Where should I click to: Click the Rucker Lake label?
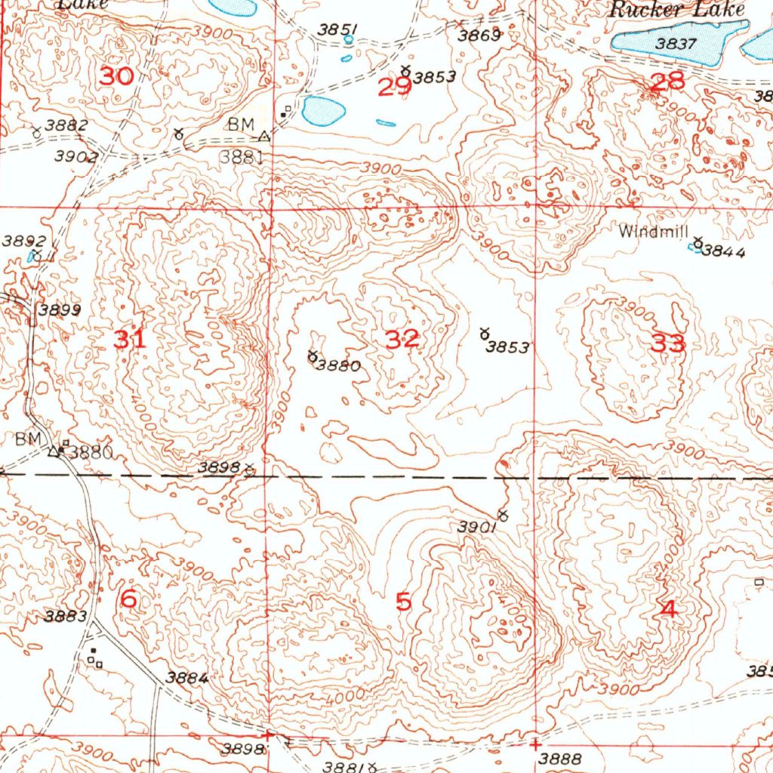pos(677,10)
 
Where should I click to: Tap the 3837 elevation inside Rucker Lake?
pos(676,44)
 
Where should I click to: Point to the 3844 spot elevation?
pos(723,252)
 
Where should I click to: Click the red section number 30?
pos(116,76)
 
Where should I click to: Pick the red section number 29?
pos(395,88)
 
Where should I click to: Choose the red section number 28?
pos(667,82)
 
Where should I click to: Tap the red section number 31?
pos(130,340)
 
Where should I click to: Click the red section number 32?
pos(402,339)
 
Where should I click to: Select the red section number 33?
pos(669,344)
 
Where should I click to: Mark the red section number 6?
pos(129,599)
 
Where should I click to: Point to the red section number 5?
pos(404,602)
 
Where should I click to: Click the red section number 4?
pos(669,609)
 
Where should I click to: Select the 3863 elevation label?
pos(479,35)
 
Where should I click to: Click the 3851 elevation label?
pos(337,29)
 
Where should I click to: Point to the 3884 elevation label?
pos(187,677)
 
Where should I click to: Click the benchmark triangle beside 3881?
pos(263,137)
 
